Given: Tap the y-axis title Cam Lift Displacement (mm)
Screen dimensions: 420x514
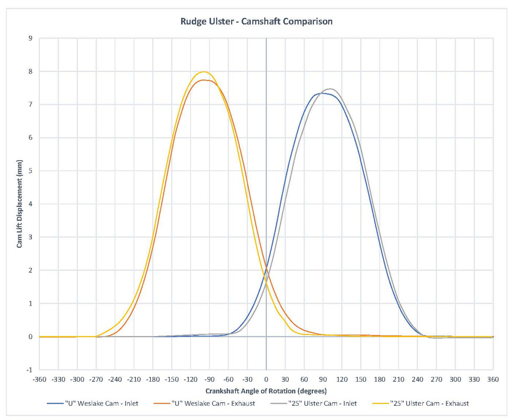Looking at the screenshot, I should pyautogui.click(x=19, y=204).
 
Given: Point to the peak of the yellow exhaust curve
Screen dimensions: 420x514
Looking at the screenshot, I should pyautogui.click(x=204, y=72).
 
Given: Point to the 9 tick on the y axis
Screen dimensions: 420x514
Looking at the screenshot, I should pyautogui.click(x=30, y=38).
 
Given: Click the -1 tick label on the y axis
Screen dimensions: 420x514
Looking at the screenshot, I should pyautogui.click(x=29, y=370).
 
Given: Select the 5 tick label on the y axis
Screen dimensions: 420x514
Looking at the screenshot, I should pyautogui.click(x=30, y=171).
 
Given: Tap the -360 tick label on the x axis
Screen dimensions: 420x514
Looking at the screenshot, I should pyautogui.click(x=39, y=379).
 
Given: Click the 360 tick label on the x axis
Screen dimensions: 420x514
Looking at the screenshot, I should pyautogui.click(x=493, y=379).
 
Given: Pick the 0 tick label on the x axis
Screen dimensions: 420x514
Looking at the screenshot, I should pyautogui.click(x=266, y=379).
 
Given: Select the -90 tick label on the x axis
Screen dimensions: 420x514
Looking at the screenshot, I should pyautogui.click(x=209, y=379).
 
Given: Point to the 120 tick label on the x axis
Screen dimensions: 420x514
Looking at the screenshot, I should pyautogui.click(x=342, y=379).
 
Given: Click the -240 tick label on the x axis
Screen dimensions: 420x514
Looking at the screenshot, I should pyautogui.click(x=115, y=379).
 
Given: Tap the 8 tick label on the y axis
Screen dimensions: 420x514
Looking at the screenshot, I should pyautogui.click(x=30, y=71).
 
